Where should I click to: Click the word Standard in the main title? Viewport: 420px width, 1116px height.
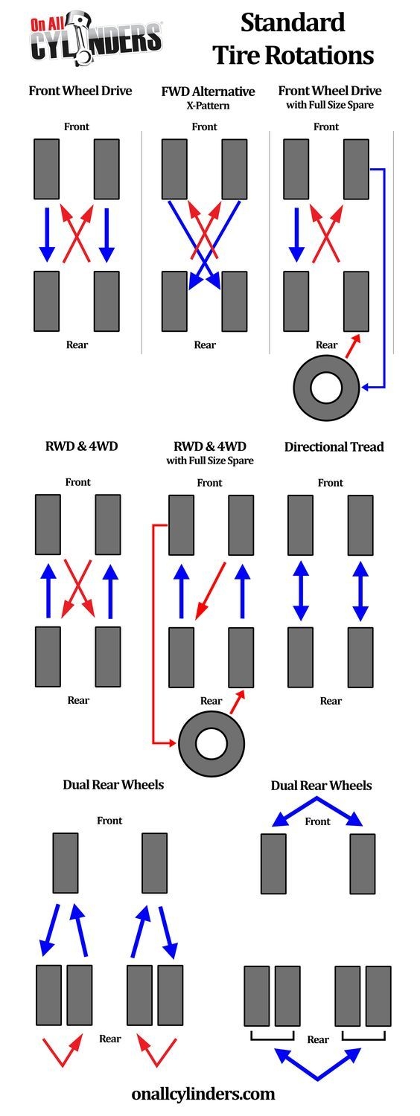click(293, 23)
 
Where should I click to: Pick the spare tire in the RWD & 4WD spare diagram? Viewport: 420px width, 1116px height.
click(212, 742)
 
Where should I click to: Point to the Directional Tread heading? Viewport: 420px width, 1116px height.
click(334, 447)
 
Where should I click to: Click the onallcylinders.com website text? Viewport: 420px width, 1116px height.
click(203, 1094)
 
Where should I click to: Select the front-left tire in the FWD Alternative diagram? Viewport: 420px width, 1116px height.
click(174, 169)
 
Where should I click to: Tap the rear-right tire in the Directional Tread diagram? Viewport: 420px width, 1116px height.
click(360, 657)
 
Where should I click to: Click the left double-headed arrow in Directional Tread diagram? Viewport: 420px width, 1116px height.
click(301, 591)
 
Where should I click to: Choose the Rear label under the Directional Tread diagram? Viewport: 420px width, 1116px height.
click(331, 700)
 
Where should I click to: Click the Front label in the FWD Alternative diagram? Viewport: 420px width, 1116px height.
click(205, 126)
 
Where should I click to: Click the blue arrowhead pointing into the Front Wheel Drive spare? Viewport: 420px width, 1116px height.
click(365, 387)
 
